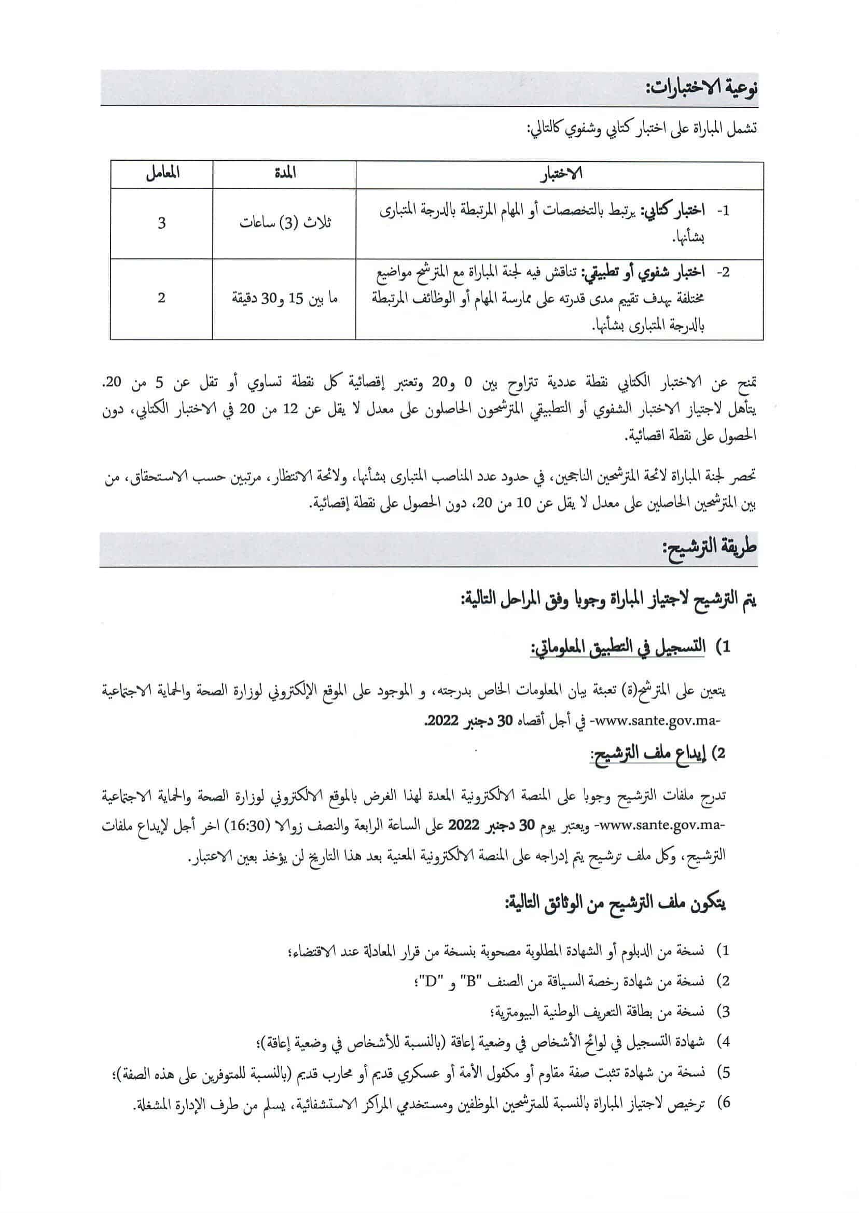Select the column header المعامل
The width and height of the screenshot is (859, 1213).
[162, 173]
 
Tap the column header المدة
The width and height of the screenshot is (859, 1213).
[285, 173]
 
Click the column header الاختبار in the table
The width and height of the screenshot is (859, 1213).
[560, 174]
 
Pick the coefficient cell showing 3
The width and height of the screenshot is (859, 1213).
[161, 222]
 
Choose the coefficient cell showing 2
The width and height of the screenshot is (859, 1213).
[161, 298]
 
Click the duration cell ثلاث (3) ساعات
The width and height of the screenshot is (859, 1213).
[285, 222]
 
